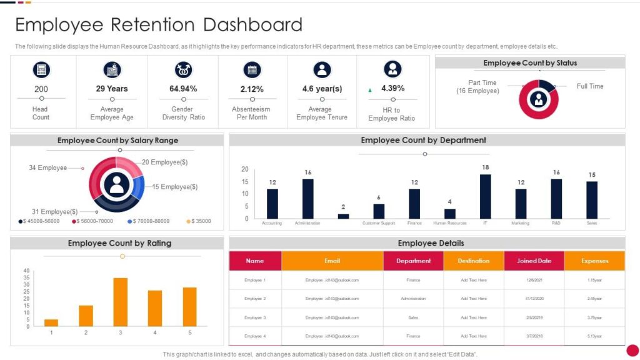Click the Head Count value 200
(41, 89)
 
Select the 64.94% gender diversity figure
(183, 89)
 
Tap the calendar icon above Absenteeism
(252, 69)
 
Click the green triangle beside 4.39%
(370, 90)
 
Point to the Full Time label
(589, 86)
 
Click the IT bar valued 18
(485, 196)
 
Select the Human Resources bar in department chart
(450, 214)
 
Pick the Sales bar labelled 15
(592, 200)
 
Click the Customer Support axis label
(379, 223)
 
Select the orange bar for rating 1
(51, 322)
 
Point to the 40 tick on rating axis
(26, 271)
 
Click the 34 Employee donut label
(47, 167)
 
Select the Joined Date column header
(534, 261)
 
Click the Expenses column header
(594, 261)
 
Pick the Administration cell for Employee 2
(413, 299)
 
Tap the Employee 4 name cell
(255, 336)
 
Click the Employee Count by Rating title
(119, 243)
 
